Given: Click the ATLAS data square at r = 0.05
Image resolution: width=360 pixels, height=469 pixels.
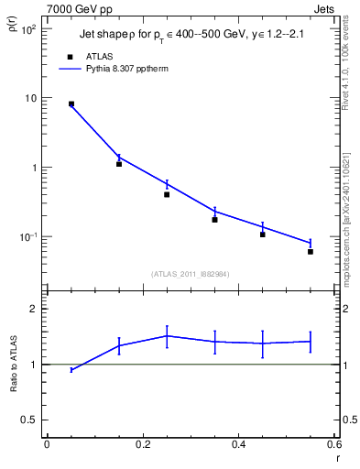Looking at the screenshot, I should pyautogui.click(x=71, y=104).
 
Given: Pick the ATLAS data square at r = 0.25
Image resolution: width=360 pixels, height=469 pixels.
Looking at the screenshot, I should pyautogui.click(x=167, y=194).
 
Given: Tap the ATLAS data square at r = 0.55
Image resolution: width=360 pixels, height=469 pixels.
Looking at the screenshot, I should pyautogui.click(x=311, y=251).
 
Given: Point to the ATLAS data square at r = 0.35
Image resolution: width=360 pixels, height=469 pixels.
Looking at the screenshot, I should pyautogui.click(x=214, y=220).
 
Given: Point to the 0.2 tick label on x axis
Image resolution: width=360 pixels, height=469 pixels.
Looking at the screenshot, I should pyautogui.click(x=142, y=444).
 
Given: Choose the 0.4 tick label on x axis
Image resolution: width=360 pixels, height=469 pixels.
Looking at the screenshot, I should pyautogui.click(x=238, y=444).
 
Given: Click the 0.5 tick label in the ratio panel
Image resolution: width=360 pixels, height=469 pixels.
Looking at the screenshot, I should pyautogui.click(x=28, y=420).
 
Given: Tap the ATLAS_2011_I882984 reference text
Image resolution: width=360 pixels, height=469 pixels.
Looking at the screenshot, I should pyautogui.click(x=191, y=274).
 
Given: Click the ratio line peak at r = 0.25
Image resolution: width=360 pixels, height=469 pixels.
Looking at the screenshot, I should pyautogui.click(x=167, y=335).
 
